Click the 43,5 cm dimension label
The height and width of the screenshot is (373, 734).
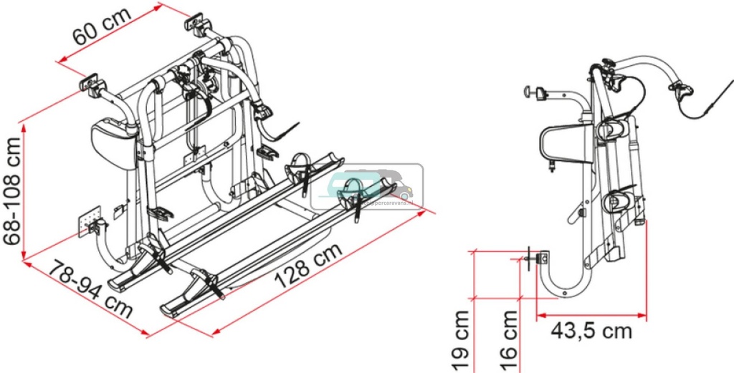click(x=591, y=331)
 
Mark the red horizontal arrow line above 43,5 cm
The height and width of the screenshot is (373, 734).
click(x=591, y=314)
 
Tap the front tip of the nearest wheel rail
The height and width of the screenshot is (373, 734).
click(x=168, y=309)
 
